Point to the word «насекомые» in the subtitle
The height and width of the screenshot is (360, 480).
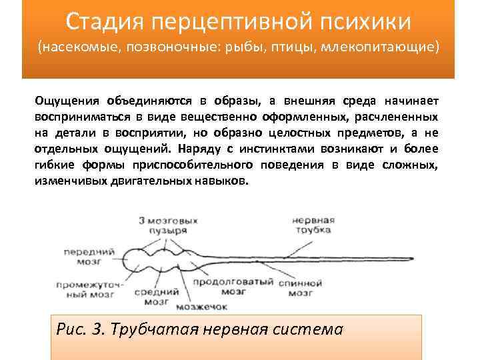(77, 47)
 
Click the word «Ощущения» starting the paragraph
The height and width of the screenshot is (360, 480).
(67, 101)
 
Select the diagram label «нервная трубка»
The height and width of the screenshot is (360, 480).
(311, 223)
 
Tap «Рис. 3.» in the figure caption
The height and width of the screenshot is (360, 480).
(81, 329)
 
